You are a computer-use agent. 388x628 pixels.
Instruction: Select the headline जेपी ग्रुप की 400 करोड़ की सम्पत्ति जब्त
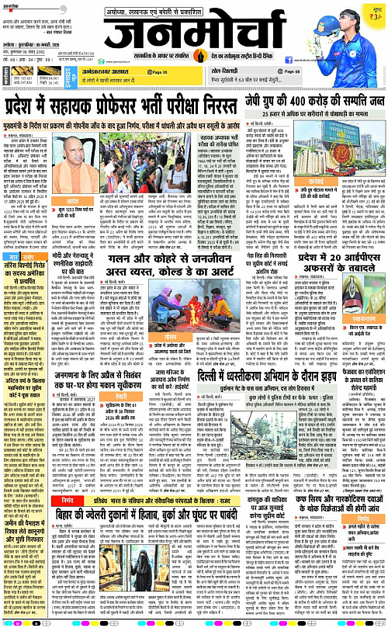pos(319,101)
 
